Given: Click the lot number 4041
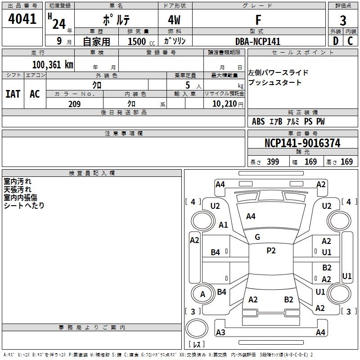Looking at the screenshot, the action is [x=22, y=19].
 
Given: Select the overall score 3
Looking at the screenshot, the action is [x=343, y=20].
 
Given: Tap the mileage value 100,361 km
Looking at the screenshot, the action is [x=53, y=65].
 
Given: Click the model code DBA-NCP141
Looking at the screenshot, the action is [x=258, y=41].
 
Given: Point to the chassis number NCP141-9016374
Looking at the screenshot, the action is [x=302, y=143].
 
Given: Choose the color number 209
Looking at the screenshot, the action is [x=74, y=104].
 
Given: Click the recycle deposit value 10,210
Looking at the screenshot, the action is [x=224, y=104].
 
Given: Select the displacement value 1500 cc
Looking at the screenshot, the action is [x=141, y=41].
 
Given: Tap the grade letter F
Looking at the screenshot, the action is [x=258, y=20].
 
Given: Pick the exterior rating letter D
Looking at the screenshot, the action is [x=336, y=41].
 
